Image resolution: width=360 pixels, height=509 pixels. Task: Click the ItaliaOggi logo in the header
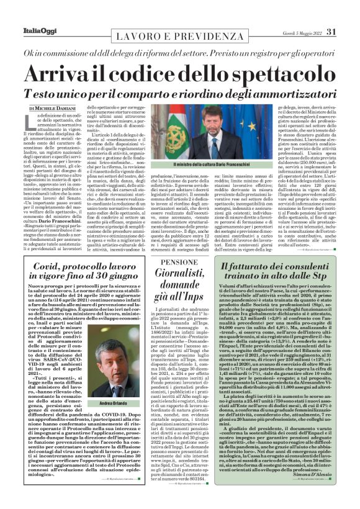pos(27,14)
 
